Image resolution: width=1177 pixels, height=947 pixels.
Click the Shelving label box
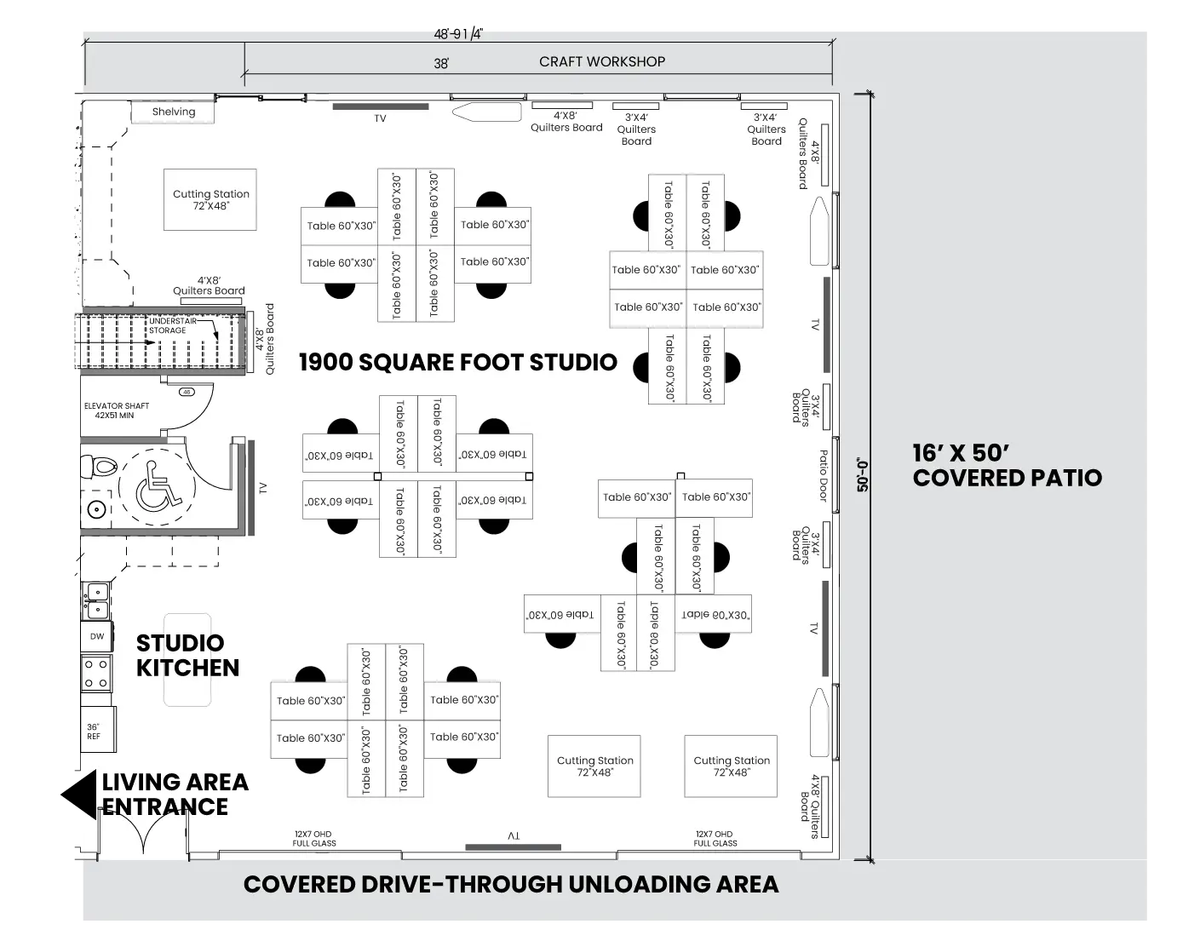pos(172,112)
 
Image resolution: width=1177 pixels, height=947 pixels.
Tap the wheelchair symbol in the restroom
pos(158,485)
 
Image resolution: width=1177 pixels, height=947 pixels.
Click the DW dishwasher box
pos(97,636)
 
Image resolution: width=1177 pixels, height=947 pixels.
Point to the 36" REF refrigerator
pos(99,730)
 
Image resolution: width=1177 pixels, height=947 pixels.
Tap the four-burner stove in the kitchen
pos(96,674)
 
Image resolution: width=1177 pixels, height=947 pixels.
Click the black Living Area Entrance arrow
pos(78,795)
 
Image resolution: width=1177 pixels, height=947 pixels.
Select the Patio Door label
pos(824,475)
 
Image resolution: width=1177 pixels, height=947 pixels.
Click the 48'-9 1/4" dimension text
pos(458,34)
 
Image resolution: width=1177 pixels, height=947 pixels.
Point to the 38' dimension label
pos(441,64)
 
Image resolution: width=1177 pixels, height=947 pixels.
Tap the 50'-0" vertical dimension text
pos(862,475)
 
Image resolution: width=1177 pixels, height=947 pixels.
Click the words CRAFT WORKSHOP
pos(602,61)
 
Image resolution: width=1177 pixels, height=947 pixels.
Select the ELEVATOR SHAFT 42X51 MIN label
pos(116,410)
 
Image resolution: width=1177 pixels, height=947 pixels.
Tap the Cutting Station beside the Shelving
pos(210,199)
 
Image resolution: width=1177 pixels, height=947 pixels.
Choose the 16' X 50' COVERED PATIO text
pos(1008,466)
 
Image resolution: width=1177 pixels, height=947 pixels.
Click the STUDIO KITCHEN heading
pos(187,656)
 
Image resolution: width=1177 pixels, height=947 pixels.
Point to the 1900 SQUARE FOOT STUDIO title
pos(458,362)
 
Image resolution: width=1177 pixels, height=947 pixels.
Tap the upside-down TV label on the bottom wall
pos(514,835)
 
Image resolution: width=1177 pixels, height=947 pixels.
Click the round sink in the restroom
pos(97,510)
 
